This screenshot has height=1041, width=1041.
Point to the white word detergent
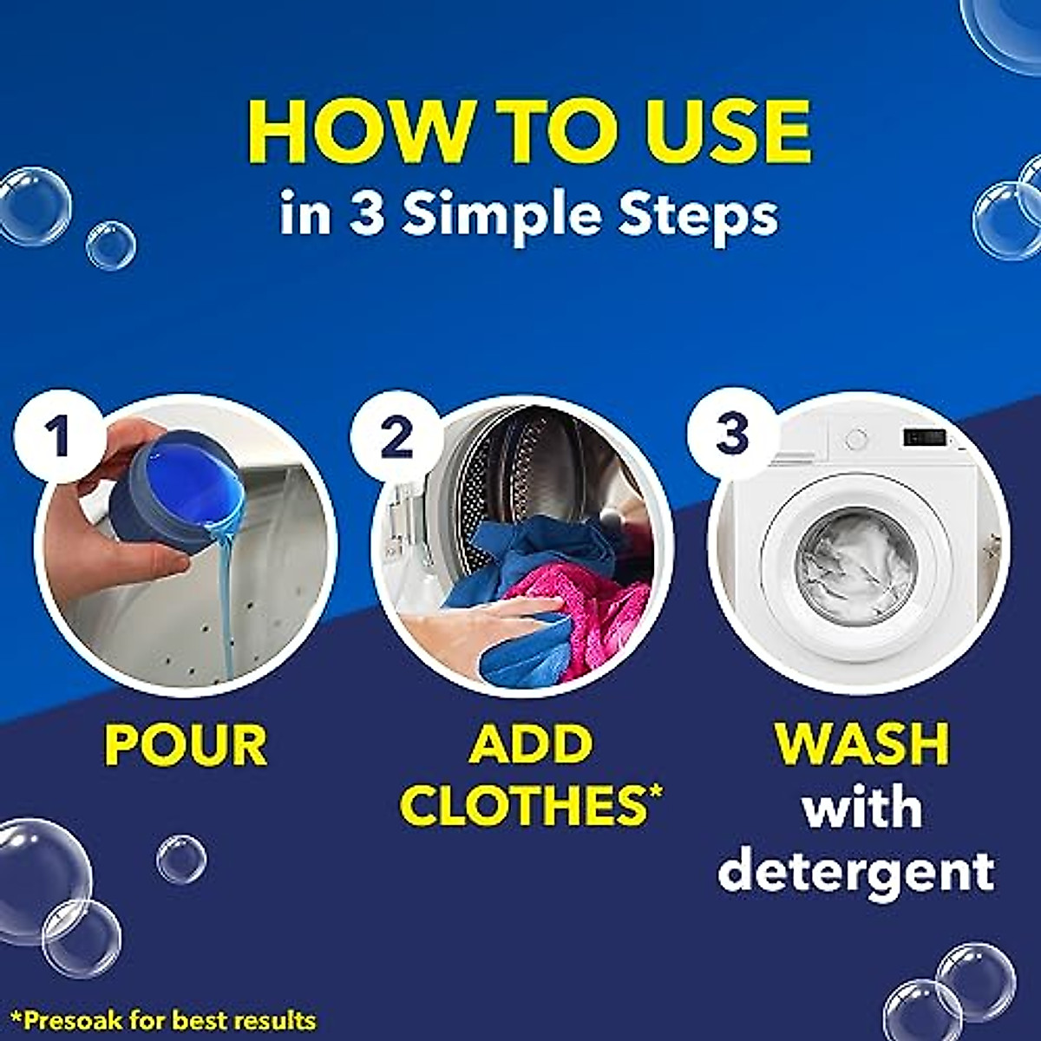pos(855,870)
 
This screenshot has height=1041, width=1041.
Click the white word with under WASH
pos(862,808)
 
